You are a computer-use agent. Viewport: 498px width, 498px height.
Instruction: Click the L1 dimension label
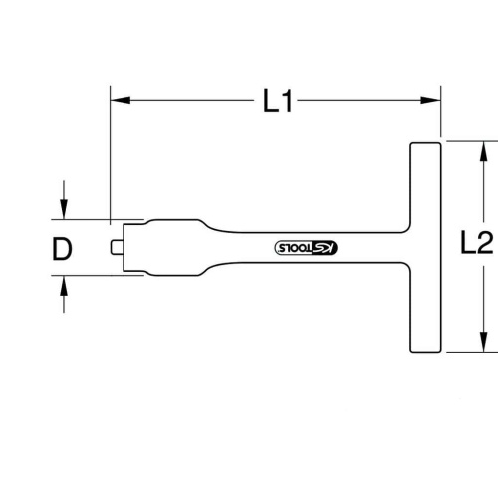(x=278, y=101)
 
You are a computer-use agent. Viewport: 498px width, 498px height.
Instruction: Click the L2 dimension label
(x=477, y=243)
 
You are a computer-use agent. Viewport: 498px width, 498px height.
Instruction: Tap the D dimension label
(x=62, y=249)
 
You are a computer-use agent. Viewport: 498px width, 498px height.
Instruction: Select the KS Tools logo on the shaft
(x=306, y=248)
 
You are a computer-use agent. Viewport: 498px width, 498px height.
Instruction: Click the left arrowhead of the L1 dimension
(x=121, y=100)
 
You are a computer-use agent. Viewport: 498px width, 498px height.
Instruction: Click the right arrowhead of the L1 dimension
(x=430, y=100)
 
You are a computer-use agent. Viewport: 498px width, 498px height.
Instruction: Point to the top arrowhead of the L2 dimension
(x=484, y=152)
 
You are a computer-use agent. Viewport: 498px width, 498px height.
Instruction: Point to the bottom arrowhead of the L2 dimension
(x=484, y=342)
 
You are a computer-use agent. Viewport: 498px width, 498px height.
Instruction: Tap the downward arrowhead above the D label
(x=64, y=209)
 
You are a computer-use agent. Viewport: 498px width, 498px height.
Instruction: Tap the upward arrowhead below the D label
(x=64, y=286)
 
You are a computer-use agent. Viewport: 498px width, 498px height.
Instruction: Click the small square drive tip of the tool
(x=117, y=247)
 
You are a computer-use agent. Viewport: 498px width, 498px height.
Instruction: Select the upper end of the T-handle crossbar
(x=426, y=144)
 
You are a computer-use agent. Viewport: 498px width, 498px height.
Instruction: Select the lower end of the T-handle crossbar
(x=426, y=351)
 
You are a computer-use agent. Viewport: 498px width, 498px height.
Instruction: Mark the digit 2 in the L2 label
(x=485, y=243)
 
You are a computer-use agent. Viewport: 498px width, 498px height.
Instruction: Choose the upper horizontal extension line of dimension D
(x=98, y=219)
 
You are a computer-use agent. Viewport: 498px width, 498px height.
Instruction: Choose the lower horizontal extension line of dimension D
(x=98, y=275)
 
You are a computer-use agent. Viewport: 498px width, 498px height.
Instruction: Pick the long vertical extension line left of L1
(x=111, y=155)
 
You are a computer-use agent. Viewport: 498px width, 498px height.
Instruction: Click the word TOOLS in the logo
(x=295, y=248)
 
